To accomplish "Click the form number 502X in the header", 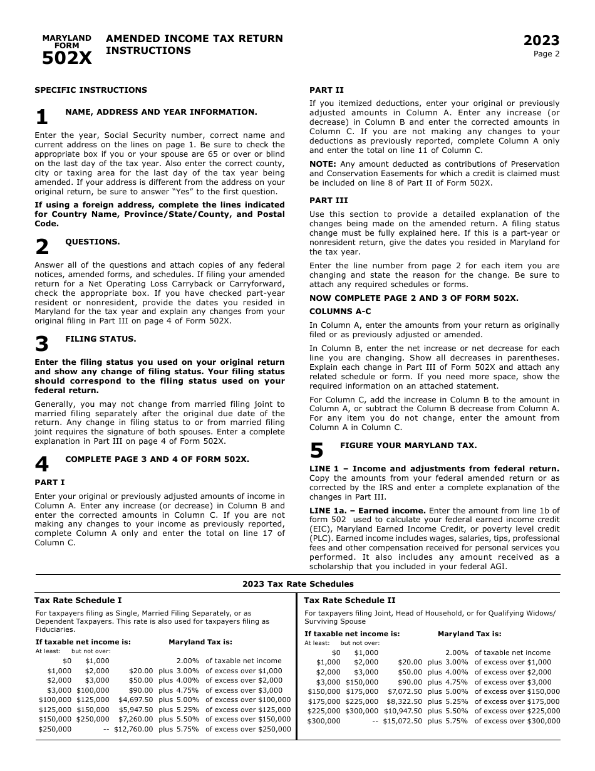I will (x=66, y=59).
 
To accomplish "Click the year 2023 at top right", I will (x=541, y=41).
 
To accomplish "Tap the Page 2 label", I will (x=546, y=54).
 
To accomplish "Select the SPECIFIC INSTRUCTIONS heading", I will (x=91, y=90).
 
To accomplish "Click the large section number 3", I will (x=41, y=344).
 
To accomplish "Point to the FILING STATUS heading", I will (x=101, y=339).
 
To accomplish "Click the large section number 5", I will (x=316, y=451).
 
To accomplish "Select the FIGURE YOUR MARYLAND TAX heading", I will (x=408, y=446).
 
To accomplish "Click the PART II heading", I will (x=326, y=90).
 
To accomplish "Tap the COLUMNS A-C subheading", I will (x=340, y=312).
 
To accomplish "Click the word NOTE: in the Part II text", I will (x=323, y=164).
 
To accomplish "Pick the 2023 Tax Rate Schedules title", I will (x=297, y=584).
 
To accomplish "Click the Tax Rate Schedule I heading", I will (x=78, y=601).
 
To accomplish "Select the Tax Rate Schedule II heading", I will (x=349, y=601).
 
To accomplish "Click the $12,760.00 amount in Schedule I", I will (x=133, y=729).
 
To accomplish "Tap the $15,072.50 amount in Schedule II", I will (x=402, y=721).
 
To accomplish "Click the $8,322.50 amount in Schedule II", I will (x=404, y=701).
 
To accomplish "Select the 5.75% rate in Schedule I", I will (x=187, y=729).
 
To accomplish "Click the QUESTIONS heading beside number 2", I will (x=93, y=242).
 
